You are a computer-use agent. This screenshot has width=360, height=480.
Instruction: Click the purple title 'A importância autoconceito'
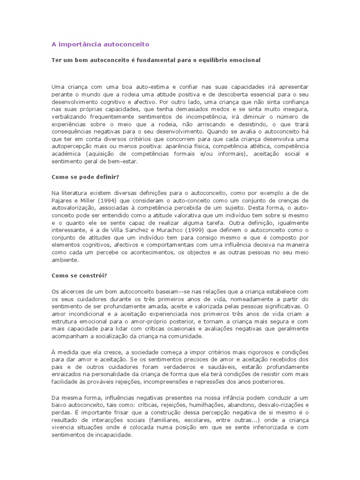coord(100,44)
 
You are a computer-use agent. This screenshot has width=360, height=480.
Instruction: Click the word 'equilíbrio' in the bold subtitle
coord(222,60)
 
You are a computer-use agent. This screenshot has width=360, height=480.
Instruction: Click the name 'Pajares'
coord(62,200)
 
